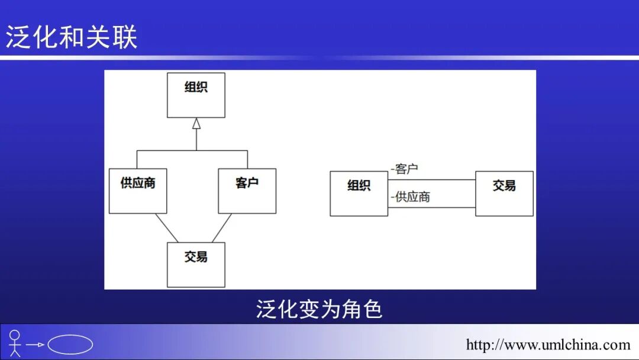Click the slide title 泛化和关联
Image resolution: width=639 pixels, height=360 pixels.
(72, 37)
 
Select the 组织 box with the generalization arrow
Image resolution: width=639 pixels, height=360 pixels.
(196, 95)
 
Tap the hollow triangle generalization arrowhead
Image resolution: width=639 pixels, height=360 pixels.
(196, 123)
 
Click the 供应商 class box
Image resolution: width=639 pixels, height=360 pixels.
(138, 191)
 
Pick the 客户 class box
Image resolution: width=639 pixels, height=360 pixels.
(247, 191)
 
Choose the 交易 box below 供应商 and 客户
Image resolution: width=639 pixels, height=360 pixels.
(196, 265)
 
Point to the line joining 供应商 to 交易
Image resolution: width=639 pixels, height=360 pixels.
(166, 228)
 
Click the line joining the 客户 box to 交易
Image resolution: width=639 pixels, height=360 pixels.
(222, 228)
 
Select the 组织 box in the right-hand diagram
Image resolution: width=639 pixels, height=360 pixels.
(359, 193)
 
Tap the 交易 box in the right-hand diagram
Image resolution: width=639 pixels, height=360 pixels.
(504, 193)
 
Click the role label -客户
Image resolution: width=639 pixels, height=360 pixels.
(405, 169)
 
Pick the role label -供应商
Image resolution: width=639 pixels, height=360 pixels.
(411, 197)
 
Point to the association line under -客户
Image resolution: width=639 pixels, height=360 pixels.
(432, 179)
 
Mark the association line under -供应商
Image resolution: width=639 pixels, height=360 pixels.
(432, 207)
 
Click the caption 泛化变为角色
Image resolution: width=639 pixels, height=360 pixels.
(319, 308)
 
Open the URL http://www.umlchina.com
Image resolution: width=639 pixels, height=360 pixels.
(548, 345)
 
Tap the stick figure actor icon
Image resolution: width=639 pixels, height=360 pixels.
(15, 343)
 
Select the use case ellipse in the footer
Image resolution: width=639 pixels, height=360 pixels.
(70, 345)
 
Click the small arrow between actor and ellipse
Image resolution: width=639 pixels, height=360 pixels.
(35, 345)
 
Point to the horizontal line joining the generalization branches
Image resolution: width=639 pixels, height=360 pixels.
(192, 151)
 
